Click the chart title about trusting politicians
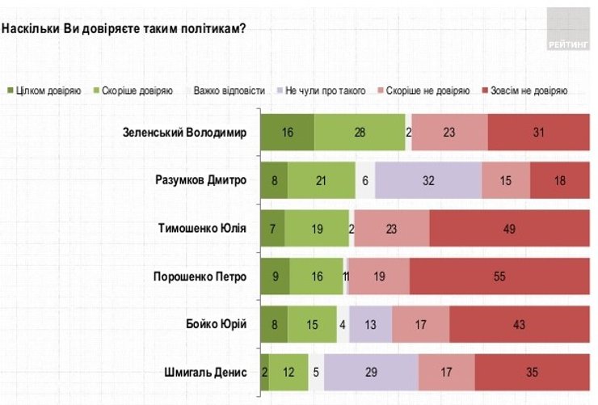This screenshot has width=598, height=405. [x=124, y=28]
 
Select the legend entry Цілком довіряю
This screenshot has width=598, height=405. [x=44, y=91]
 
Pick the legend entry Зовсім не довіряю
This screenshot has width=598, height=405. [x=525, y=91]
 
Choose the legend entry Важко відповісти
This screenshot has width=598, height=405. [x=228, y=91]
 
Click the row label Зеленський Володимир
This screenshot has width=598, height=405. [x=183, y=133]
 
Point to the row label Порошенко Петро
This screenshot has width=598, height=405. [x=200, y=277]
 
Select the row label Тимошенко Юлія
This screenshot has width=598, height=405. [x=201, y=229]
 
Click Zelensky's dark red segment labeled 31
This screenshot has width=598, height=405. [x=539, y=133]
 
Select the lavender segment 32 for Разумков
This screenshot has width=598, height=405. [x=428, y=181]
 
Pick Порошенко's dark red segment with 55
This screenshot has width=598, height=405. [x=499, y=277]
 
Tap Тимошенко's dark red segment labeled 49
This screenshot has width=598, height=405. [x=509, y=229]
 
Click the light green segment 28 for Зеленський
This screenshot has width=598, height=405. [x=360, y=133]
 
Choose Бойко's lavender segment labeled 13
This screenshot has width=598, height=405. [x=370, y=325]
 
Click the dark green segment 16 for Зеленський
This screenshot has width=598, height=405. [x=287, y=133]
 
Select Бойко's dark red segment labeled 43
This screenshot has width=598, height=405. [x=519, y=325]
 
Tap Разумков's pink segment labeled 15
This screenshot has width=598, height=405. [x=506, y=181]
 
